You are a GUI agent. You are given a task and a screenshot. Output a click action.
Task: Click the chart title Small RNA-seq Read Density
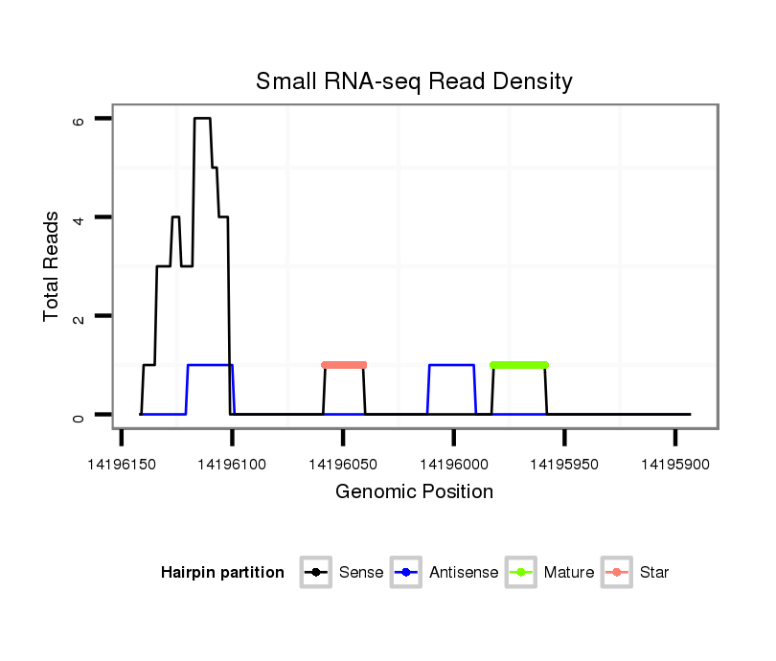tap(414, 81)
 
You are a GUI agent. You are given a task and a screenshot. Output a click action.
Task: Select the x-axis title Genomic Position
tap(414, 492)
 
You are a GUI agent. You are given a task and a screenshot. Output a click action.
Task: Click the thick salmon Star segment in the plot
tap(344, 365)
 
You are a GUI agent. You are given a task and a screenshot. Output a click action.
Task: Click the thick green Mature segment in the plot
tap(518, 365)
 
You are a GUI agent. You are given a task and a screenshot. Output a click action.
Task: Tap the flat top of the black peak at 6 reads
tap(202, 119)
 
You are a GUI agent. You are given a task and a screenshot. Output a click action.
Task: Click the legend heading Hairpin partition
tap(222, 573)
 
